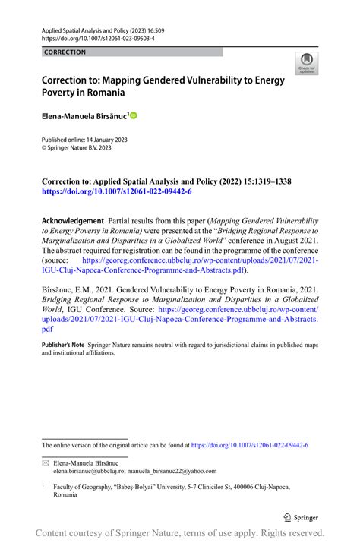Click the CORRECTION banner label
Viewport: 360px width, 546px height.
[65, 52]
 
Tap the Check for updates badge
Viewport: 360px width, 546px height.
[307, 64]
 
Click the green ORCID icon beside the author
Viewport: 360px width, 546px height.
[134, 116]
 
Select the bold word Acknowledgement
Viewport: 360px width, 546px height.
[71, 219]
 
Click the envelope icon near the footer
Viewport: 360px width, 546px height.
[45, 462]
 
